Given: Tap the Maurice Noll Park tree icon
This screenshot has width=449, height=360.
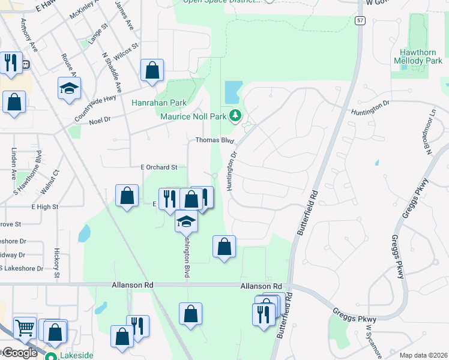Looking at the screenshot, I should [x=237, y=115].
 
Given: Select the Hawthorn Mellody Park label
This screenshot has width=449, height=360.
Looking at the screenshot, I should [x=418, y=57].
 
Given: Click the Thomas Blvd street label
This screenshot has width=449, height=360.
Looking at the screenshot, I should [x=214, y=140].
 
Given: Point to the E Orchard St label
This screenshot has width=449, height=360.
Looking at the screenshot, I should [x=159, y=167].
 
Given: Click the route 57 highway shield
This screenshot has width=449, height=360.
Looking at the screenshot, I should [x=360, y=20].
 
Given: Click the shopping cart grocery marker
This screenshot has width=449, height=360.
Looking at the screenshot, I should [x=25, y=328].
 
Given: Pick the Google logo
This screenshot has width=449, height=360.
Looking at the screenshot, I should [x=19, y=353].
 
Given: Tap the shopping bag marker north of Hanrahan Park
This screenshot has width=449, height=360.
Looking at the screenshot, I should [x=152, y=70].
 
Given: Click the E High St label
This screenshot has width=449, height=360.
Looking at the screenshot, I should [x=45, y=206].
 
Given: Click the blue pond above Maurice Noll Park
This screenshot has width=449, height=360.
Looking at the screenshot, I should [x=232, y=92].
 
